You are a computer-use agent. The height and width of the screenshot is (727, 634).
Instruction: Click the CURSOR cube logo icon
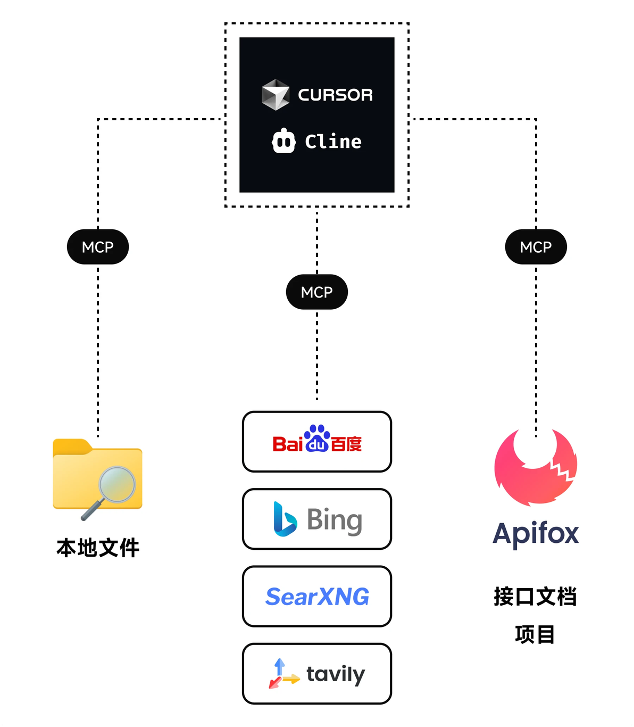(x=275, y=95)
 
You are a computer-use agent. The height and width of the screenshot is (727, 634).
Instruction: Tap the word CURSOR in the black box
(x=335, y=95)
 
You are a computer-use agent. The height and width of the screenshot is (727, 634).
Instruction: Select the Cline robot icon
(x=283, y=141)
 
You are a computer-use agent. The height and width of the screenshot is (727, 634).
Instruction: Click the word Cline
(x=333, y=142)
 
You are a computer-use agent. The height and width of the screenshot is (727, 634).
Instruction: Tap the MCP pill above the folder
(x=98, y=247)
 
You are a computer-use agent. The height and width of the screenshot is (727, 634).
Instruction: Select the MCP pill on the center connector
(x=317, y=292)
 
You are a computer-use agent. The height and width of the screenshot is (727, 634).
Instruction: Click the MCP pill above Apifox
(x=536, y=247)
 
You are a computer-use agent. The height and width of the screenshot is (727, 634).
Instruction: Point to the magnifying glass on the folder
(x=116, y=485)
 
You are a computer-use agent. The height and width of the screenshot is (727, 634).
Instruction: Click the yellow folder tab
(x=71, y=447)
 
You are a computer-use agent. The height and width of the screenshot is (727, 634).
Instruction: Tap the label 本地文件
(x=98, y=548)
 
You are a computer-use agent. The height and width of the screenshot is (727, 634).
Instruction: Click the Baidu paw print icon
(x=317, y=437)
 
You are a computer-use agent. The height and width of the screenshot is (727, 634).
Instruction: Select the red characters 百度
(x=346, y=444)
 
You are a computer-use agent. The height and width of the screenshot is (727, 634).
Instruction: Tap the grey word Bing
(x=335, y=520)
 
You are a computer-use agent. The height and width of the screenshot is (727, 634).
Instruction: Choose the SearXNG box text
(x=317, y=597)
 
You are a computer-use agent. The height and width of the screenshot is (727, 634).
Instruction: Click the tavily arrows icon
(x=282, y=674)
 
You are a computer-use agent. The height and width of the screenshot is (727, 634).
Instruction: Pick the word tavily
(x=336, y=674)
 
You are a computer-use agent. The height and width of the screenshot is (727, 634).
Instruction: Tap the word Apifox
(x=536, y=533)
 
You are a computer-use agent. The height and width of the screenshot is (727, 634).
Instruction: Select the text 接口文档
(x=535, y=597)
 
